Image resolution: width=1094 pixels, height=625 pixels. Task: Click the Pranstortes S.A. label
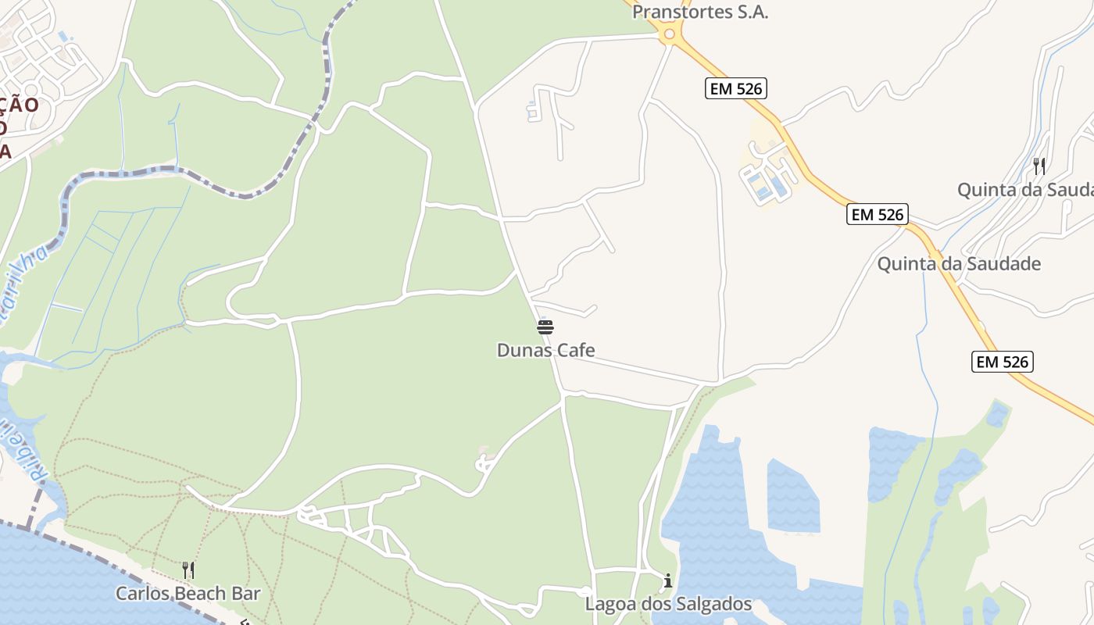[x=700, y=12]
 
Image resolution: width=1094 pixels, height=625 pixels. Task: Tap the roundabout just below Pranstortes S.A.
[x=668, y=34]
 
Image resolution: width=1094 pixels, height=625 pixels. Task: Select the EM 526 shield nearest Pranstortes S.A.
[x=735, y=88]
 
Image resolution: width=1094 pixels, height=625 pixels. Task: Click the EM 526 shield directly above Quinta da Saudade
[x=877, y=214]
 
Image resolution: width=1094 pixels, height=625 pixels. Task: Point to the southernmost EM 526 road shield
[x=1003, y=362]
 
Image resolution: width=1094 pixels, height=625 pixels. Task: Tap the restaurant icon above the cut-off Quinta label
[x=1039, y=166]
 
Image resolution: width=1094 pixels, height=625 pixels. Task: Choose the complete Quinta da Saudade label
[x=959, y=263]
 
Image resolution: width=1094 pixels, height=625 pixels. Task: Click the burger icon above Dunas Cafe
[x=545, y=327]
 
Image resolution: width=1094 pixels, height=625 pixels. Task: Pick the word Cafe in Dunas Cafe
[x=572, y=350]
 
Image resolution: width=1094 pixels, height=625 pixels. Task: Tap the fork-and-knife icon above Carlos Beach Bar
[x=188, y=570]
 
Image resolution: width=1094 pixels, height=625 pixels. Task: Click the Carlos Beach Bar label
[x=188, y=594]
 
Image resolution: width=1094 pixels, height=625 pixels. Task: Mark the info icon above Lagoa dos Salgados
[x=668, y=581]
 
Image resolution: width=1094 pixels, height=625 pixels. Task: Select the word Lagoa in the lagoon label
[x=608, y=604]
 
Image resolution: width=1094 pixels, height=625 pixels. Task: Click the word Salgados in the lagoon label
[x=714, y=604]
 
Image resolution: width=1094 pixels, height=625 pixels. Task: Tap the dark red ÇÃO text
[x=19, y=105]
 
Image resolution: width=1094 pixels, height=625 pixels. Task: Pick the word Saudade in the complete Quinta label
[x=1003, y=263]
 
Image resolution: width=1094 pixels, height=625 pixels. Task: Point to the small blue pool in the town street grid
[x=63, y=36]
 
